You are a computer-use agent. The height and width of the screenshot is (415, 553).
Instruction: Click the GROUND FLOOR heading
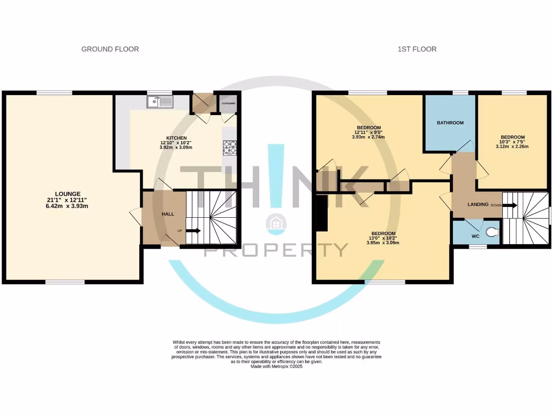click(110, 49)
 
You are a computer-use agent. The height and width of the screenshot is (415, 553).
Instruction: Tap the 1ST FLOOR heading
click(417, 49)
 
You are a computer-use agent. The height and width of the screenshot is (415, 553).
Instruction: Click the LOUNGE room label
click(68, 194)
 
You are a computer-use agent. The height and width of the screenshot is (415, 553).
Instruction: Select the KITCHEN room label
click(177, 138)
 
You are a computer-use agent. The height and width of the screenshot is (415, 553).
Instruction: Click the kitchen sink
click(160, 102)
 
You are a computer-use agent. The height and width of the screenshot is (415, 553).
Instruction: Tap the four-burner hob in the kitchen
click(230, 148)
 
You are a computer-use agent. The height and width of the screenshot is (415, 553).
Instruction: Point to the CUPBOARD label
click(228, 103)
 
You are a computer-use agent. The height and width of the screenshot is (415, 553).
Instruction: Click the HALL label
click(168, 214)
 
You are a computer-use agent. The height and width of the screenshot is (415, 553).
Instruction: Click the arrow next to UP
click(193, 231)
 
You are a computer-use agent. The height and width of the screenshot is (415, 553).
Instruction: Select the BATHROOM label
click(450, 123)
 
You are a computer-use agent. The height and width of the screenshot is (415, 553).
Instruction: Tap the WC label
click(475, 236)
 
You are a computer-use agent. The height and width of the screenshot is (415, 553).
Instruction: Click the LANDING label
click(478, 204)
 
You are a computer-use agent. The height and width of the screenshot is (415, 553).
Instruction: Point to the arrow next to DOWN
click(510, 205)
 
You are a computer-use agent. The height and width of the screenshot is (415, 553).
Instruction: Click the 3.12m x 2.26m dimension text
click(512, 146)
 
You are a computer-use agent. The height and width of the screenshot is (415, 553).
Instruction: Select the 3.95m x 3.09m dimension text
click(383, 243)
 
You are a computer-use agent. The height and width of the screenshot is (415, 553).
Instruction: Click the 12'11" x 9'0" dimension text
click(368, 132)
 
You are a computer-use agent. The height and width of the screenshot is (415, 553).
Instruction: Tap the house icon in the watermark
click(276, 224)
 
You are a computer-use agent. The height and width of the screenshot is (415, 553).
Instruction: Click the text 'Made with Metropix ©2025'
click(276, 366)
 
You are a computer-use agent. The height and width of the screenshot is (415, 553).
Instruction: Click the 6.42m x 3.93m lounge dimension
click(67, 206)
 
